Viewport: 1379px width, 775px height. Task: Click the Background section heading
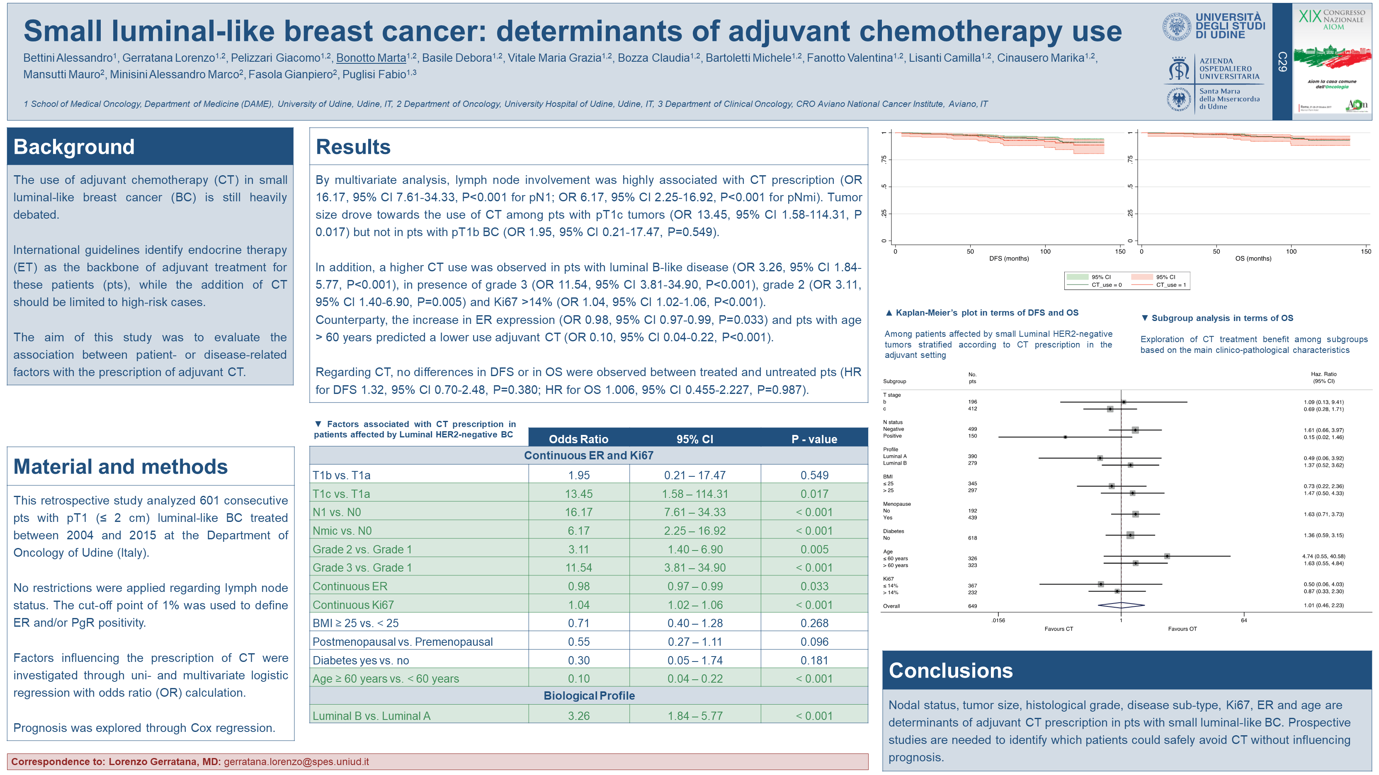click(74, 147)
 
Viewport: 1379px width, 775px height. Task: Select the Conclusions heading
click(950, 671)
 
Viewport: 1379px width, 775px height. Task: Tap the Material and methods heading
click(121, 467)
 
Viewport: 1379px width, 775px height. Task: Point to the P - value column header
click(814, 439)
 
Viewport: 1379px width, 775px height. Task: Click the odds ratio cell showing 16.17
click(578, 512)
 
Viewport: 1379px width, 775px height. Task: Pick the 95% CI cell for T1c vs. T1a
click(694, 494)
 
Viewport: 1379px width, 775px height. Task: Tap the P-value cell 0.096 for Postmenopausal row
click(814, 642)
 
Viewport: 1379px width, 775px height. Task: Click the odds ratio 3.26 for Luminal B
click(578, 716)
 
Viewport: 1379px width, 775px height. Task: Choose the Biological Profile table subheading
click(588, 696)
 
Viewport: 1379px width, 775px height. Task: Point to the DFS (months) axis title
click(1009, 259)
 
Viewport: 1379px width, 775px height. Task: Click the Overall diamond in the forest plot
click(1121, 606)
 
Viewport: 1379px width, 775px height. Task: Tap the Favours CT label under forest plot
click(1059, 629)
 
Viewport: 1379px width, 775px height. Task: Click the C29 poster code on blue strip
click(1282, 61)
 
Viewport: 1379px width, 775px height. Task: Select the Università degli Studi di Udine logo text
click(1230, 26)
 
